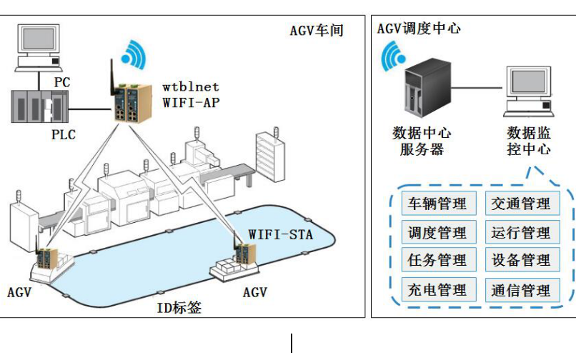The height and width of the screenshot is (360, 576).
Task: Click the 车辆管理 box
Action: [437, 203]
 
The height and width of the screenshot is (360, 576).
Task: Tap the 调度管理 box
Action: [437, 232]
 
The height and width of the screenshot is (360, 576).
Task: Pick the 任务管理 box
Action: [437, 261]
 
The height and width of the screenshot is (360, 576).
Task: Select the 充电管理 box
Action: [437, 290]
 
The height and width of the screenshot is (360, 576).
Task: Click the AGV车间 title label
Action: [317, 31]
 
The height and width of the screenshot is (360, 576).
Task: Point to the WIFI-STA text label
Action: [280, 234]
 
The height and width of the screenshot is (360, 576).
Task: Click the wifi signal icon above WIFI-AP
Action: [134, 52]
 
